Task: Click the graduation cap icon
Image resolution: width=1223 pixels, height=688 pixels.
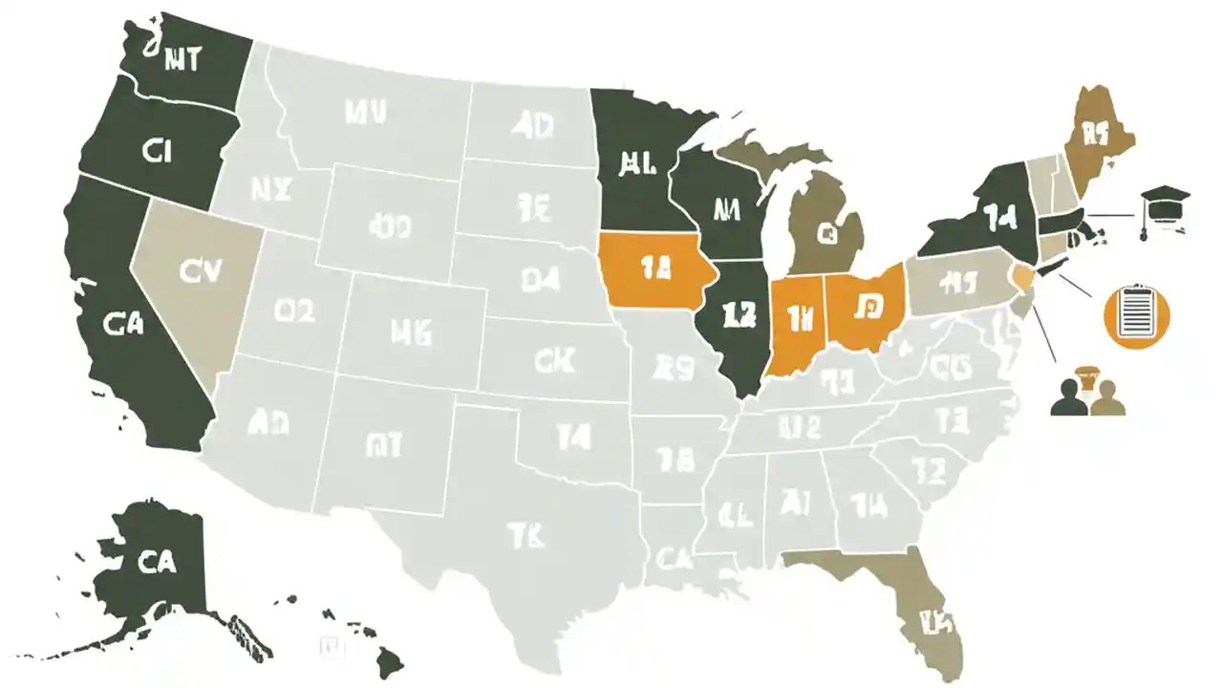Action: [1165, 203]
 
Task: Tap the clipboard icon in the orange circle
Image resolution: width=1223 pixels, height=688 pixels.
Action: [1136, 312]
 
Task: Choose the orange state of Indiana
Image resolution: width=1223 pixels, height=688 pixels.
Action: [796, 325]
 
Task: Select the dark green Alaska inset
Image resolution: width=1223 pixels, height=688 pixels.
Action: [158, 564]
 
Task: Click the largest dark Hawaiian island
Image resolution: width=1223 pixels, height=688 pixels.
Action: [391, 658]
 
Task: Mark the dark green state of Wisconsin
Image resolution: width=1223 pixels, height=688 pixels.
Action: [721, 205]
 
